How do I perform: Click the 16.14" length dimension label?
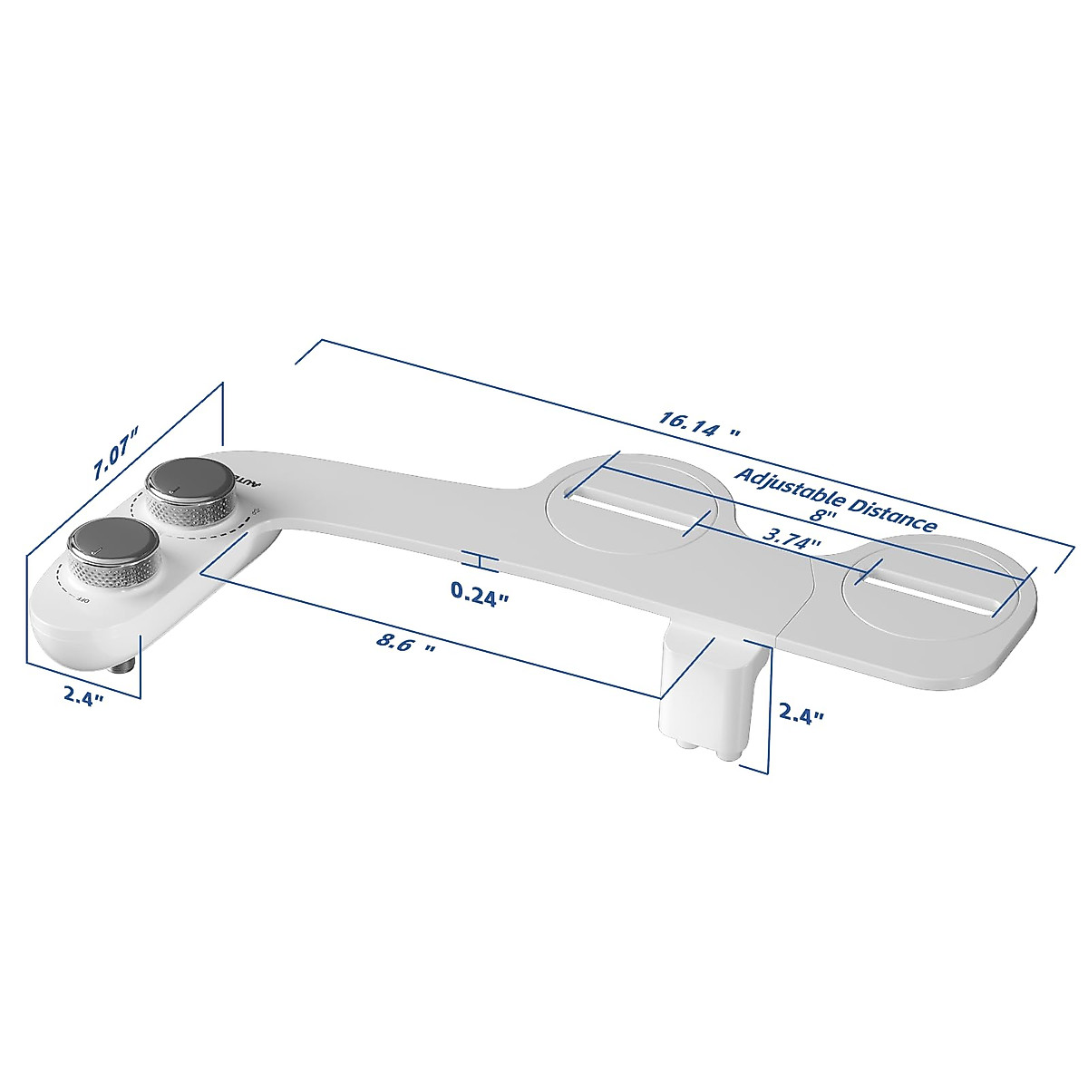(x=699, y=424)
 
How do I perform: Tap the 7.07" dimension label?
(x=116, y=453)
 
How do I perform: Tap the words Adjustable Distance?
(x=835, y=498)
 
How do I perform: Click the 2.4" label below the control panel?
(x=83, y=696)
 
